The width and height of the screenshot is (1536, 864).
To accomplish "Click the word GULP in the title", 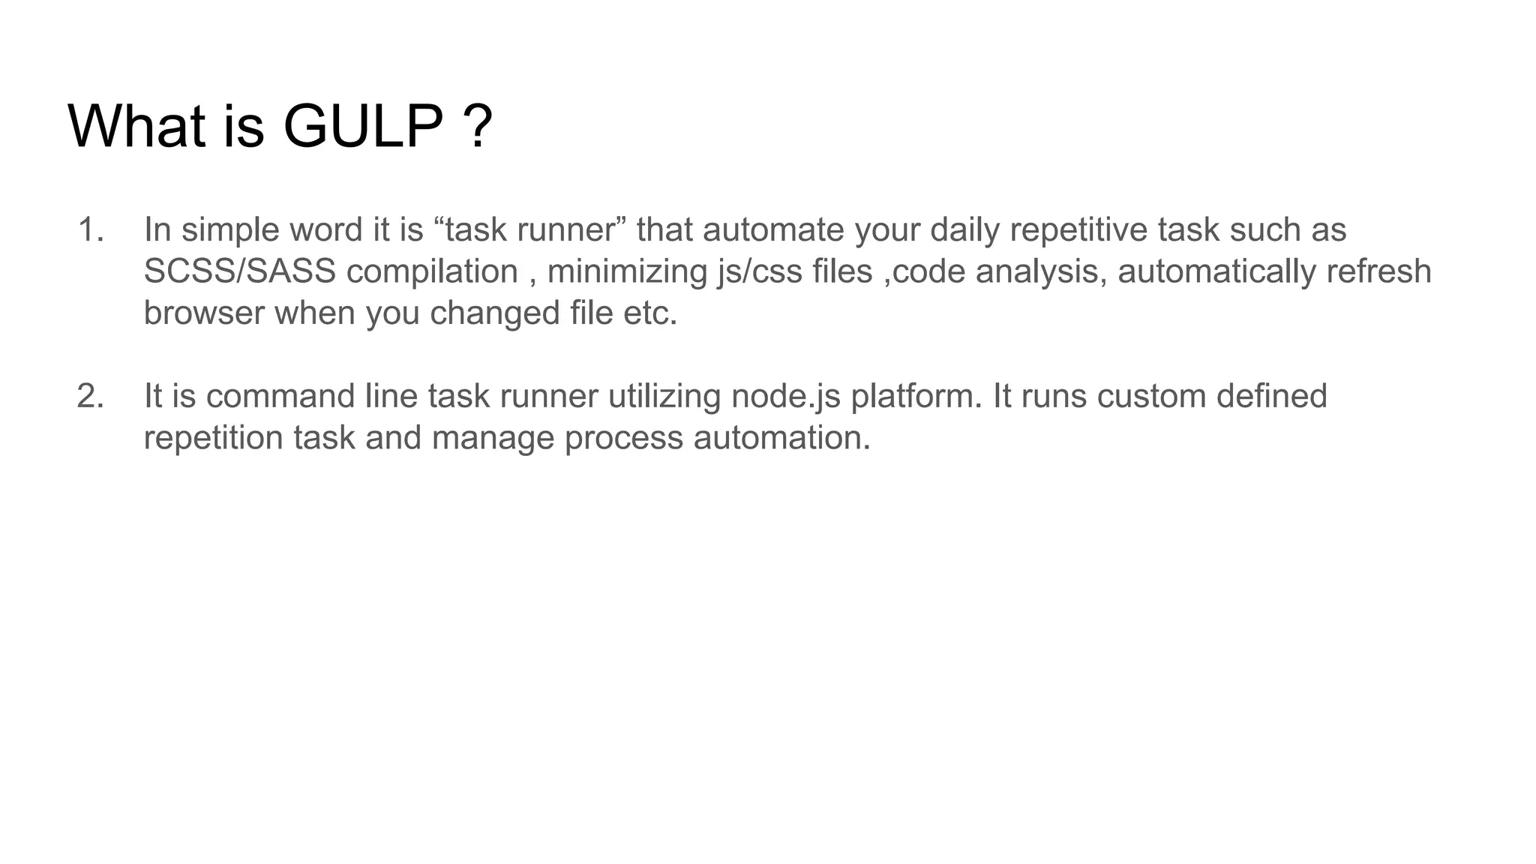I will click(363, 126).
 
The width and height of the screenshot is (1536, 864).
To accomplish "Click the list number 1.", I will click(90, 229).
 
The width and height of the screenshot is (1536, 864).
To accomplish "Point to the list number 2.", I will click(90, 396).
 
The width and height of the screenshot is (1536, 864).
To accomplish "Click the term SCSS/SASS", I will click(240, 271).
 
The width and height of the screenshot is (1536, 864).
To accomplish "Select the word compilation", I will click(432, 271).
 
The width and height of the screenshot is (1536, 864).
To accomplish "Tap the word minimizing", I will click(627, 271).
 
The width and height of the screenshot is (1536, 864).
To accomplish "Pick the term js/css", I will click(760, 271).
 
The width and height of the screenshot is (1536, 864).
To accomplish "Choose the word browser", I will click(204, 313).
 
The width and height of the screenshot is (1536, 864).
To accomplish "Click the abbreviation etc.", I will click(649, 313).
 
